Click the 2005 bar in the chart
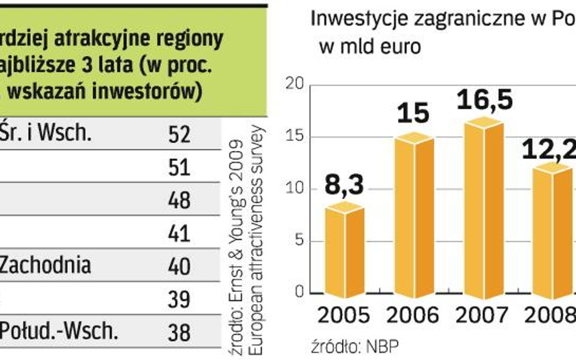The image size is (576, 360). tap(344, 252)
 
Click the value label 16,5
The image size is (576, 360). tap(484, 100)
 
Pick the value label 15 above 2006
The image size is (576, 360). tap(414, 114)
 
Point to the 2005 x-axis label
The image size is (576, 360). tap(343, 316)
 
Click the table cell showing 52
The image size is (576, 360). tap(179, 135)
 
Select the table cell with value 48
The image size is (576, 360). tap(179, 200)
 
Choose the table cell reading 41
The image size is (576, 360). tap(179, 233)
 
